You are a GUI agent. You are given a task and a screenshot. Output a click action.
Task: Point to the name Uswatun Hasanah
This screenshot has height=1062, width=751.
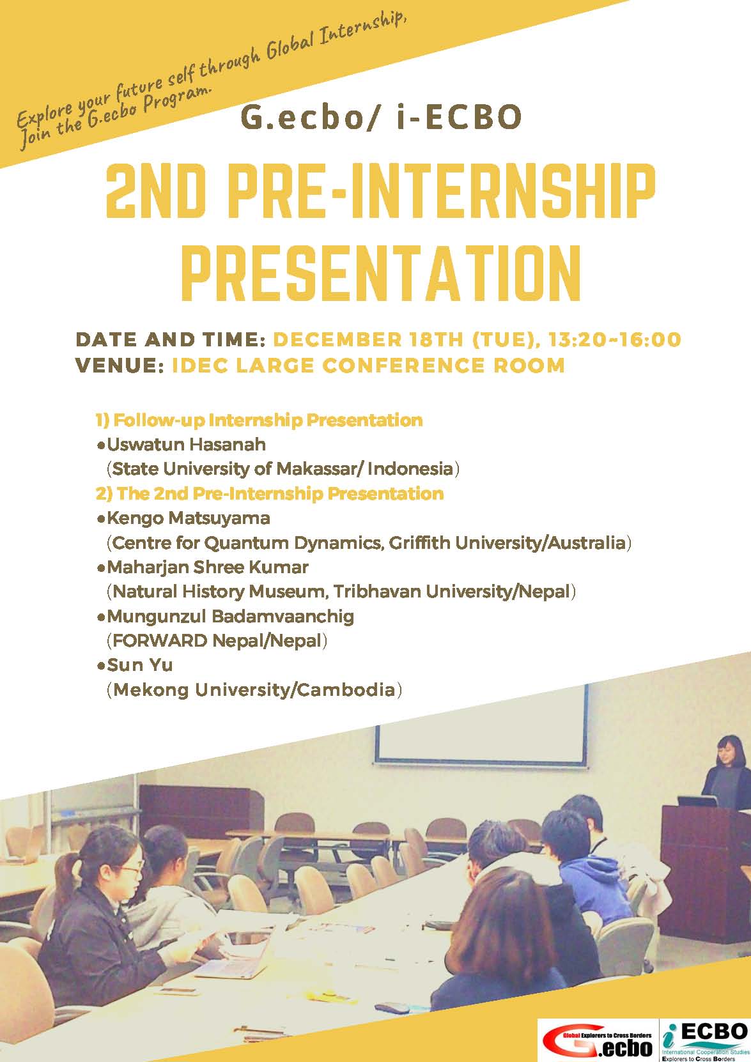[186, 444]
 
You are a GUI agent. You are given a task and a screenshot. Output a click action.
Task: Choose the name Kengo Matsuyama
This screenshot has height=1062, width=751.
[189, 518]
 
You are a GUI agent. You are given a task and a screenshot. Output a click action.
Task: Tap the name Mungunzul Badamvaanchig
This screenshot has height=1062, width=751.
[230, 617]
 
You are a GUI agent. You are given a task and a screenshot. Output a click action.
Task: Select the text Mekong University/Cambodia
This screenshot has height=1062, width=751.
[254, 690]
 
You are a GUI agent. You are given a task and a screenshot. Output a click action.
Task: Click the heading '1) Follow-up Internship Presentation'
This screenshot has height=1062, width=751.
[259, 420]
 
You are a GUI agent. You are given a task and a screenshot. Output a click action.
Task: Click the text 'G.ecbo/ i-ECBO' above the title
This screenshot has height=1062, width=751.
[382, 118]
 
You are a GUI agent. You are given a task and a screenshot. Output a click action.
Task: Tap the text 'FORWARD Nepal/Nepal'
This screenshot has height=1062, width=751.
[217, 641]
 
